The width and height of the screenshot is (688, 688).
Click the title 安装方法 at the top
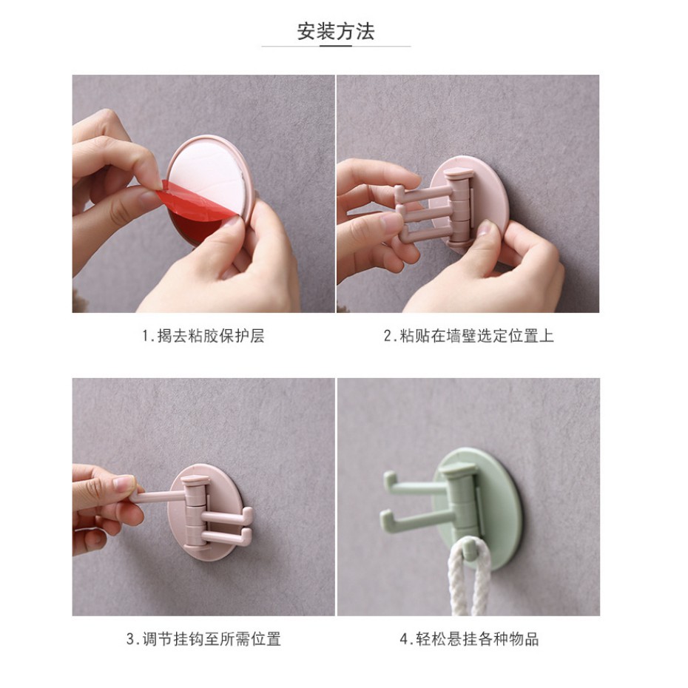336,32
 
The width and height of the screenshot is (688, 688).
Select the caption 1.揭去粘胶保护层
203,336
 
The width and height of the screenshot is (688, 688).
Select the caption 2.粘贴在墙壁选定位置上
468,336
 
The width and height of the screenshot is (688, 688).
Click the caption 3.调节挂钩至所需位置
203,638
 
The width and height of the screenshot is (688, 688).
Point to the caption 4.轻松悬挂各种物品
468,638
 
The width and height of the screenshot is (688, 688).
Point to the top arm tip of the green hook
388,477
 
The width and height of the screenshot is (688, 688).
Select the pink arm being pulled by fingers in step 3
160,496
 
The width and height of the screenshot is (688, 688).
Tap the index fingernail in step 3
124,483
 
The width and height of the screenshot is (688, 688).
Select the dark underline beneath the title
336,45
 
